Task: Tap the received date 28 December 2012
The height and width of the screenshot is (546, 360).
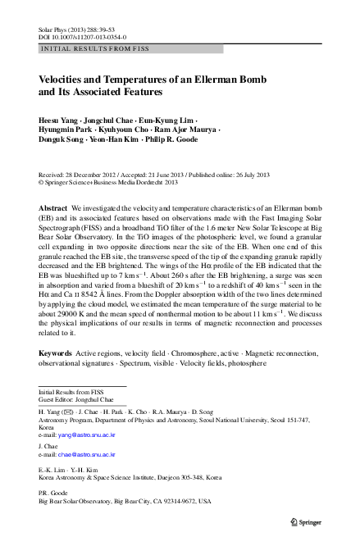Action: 84,175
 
